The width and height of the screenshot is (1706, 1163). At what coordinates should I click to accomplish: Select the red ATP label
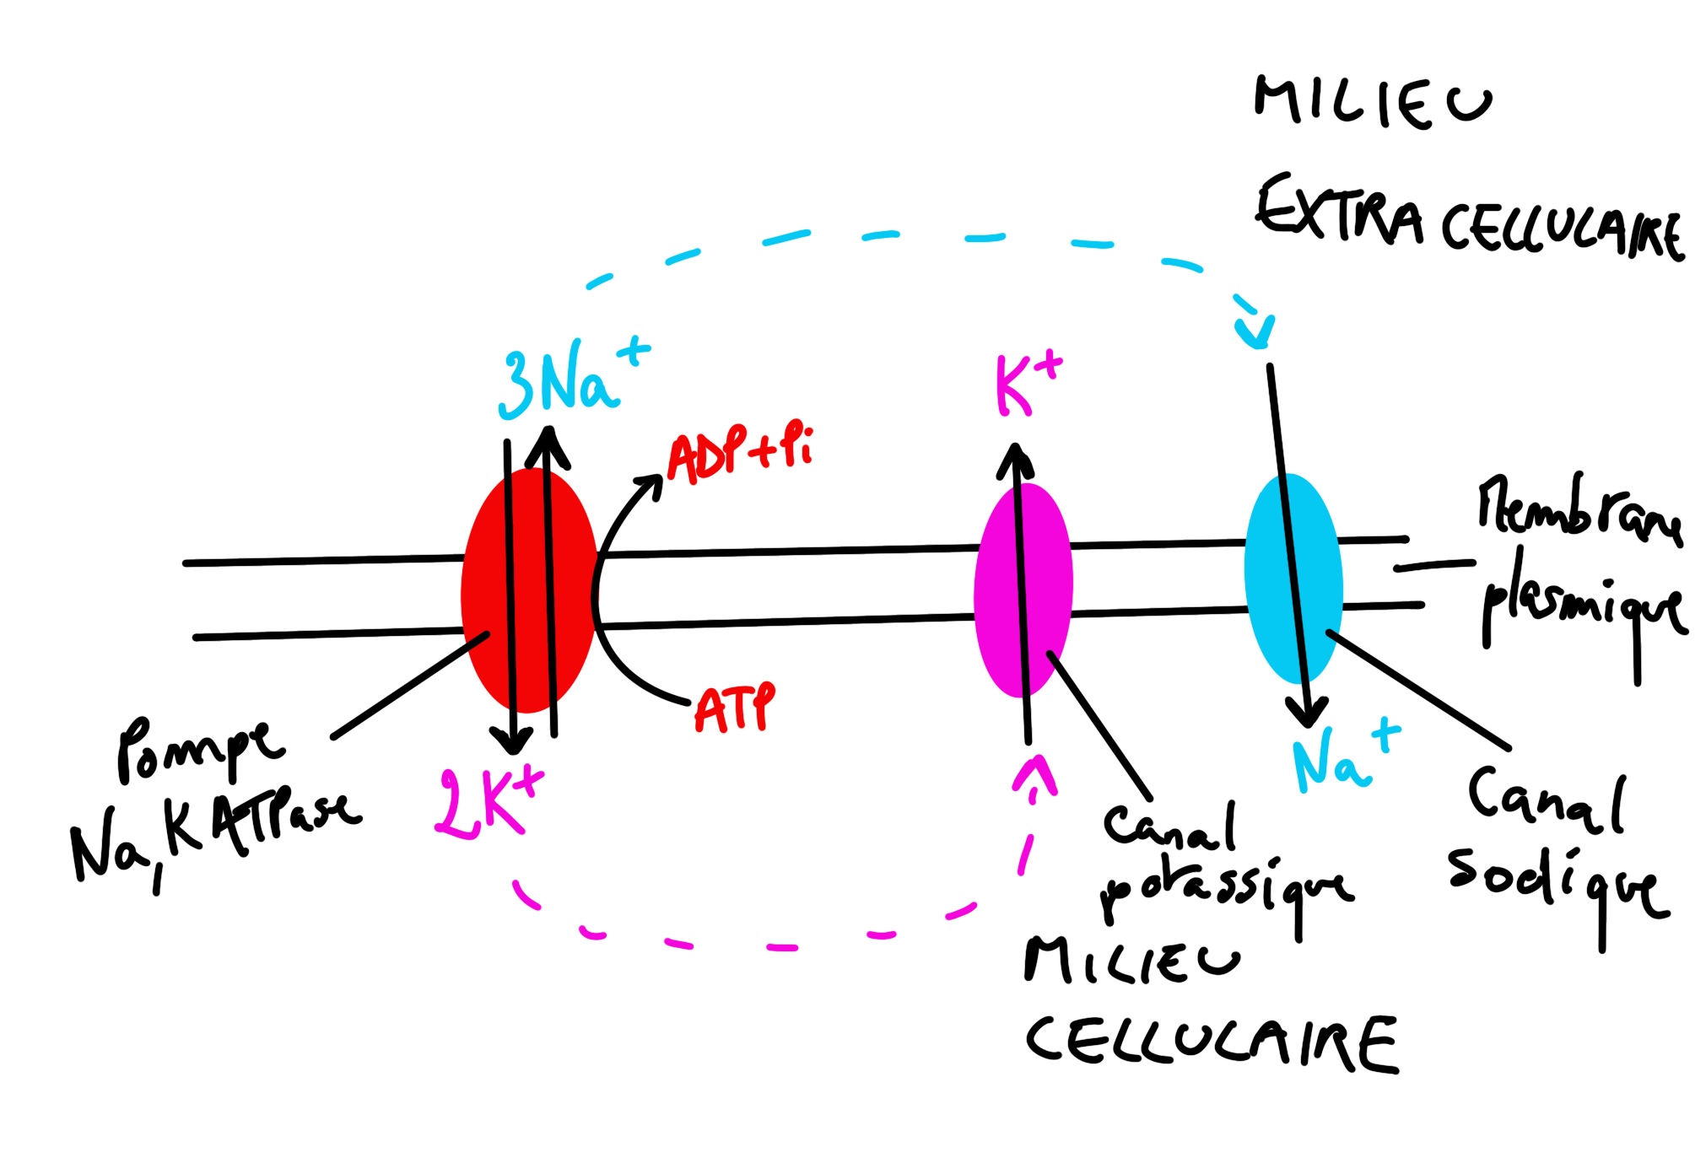pyautogui.click(x=733, y=708)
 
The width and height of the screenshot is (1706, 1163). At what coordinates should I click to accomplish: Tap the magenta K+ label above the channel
pyautogui.click(x=1026, y=384)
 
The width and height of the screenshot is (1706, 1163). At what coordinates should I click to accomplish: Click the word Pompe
pyautogui.click(x=198, y=751)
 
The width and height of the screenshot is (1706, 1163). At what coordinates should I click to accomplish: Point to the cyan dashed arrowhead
pyautogui.click(x=1255, y=333)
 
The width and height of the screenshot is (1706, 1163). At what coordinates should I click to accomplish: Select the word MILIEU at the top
pyautogui.click(x=1371, y=101)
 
